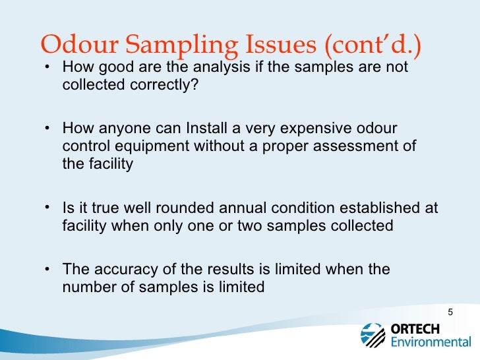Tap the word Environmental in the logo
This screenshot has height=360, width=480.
coord(431,343)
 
